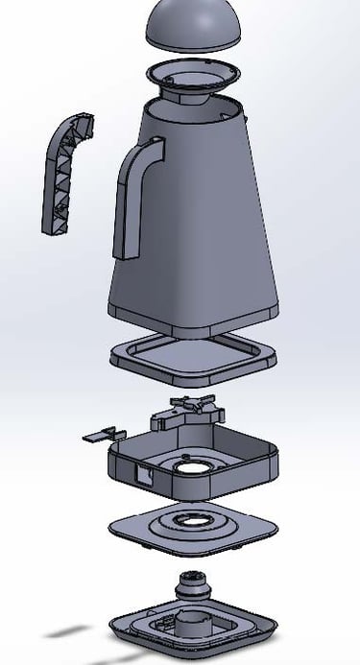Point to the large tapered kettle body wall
point(202,221)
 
